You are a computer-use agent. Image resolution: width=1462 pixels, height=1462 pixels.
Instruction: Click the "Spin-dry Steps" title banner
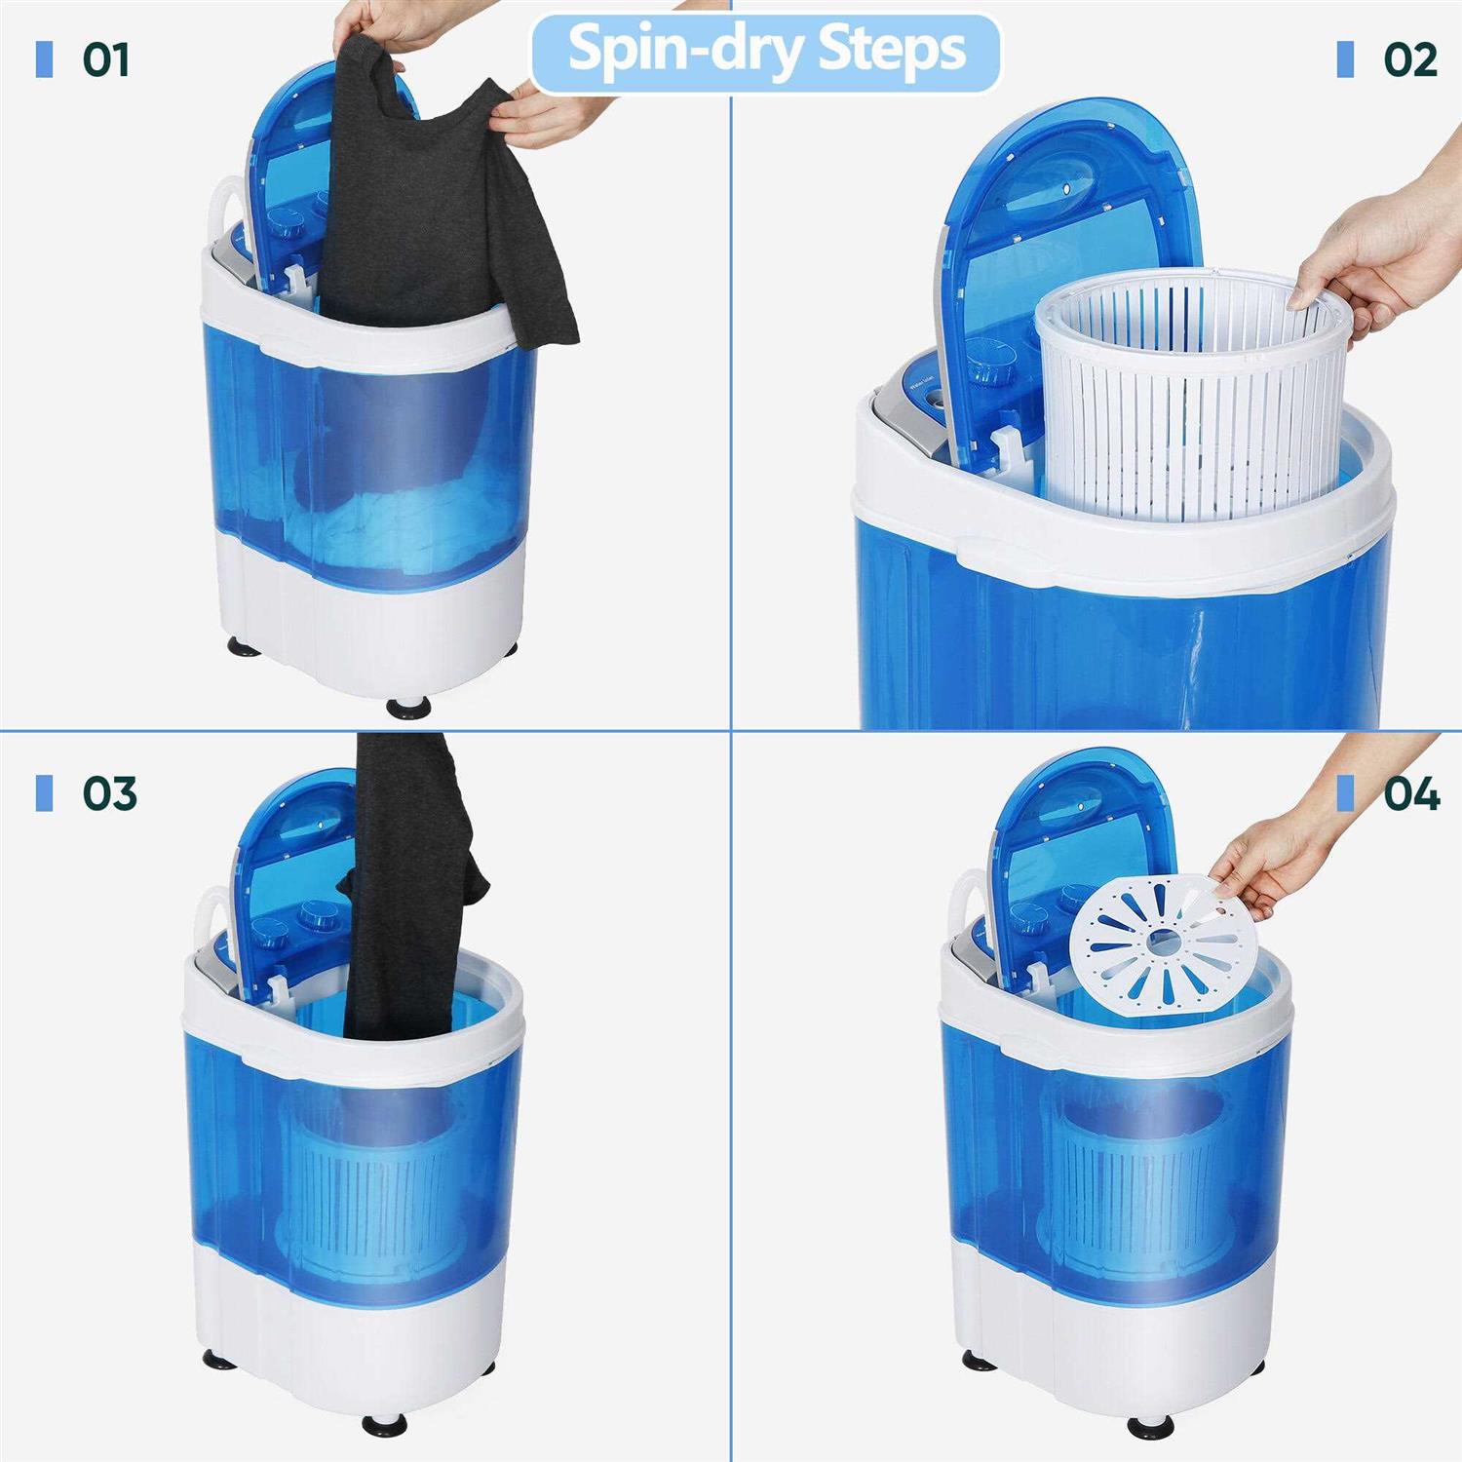tap(766, 51)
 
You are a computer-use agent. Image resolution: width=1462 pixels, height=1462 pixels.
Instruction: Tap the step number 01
tap(105, 59)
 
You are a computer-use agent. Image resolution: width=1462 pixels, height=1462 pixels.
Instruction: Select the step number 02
tap(1409, 59)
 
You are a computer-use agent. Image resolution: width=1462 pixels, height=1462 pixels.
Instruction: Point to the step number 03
tap(109, 793)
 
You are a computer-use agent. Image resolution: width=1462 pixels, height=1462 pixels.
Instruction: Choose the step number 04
tap(1411, 793)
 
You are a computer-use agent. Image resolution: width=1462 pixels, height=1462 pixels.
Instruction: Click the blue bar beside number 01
tap(44, 59)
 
